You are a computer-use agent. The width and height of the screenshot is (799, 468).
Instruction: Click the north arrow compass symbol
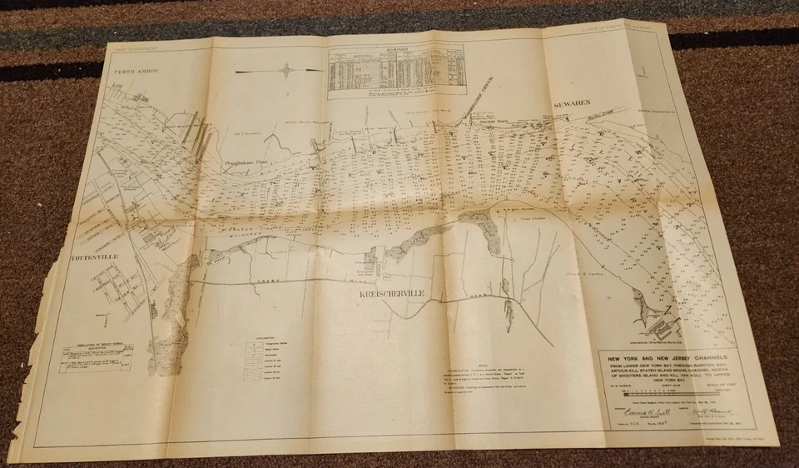[x=286, y=71]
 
